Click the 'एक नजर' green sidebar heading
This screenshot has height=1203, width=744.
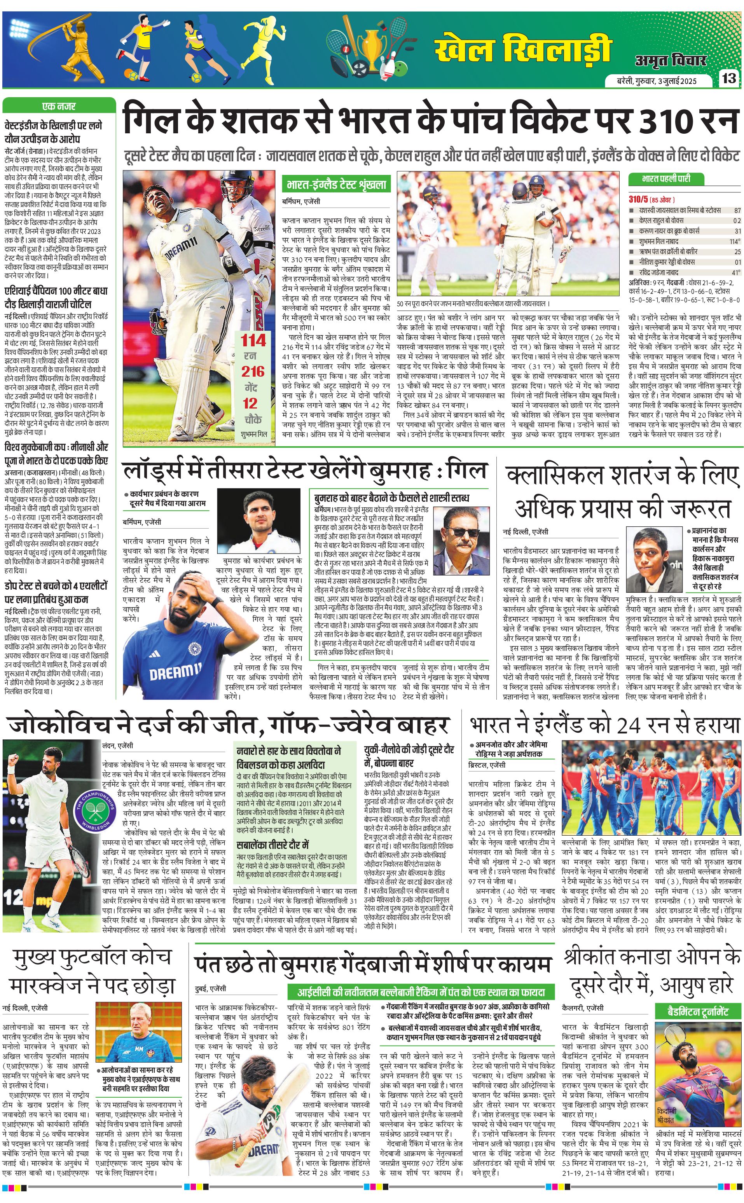coord(59,106)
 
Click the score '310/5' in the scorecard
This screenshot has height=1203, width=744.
coord(639,199)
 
